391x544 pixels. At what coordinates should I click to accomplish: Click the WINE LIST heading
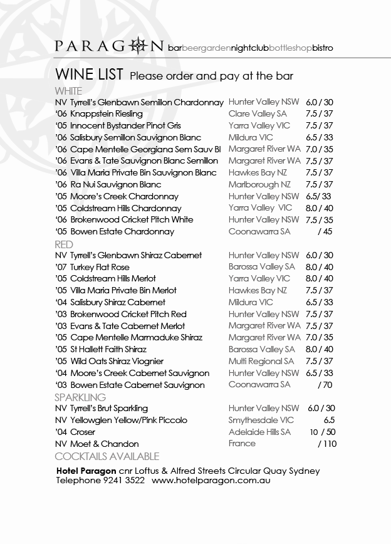89,75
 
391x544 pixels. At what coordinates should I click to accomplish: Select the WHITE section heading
68,91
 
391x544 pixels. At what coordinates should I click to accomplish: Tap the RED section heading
64,244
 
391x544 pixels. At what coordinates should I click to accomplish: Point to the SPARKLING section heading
80,397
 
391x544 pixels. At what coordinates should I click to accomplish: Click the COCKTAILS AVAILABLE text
107,456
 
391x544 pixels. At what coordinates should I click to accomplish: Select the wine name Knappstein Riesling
107,114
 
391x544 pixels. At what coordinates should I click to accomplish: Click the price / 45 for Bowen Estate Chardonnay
325,232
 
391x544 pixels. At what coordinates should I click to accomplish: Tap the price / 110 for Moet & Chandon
327,444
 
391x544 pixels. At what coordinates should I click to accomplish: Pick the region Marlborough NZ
259,185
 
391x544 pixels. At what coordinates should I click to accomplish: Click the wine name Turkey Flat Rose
100,267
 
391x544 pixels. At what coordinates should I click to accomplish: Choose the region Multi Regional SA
261,362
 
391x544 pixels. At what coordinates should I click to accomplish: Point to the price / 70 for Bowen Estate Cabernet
325,385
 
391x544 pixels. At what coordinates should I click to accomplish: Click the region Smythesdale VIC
261,421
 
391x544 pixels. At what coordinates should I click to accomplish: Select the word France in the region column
242,444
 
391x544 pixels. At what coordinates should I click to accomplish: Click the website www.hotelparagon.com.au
211,481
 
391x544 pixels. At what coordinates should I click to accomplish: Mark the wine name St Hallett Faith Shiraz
108,350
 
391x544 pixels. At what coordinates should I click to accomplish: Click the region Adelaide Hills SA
259,432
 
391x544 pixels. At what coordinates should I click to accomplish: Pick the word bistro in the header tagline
323,48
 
